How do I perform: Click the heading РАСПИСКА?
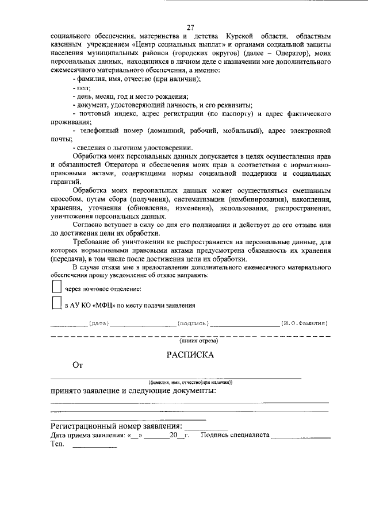coord(190,355)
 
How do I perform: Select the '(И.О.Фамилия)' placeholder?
coord(304,324)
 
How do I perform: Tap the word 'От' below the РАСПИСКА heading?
coord(78,365)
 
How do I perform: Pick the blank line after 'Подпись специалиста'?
coord(301,438)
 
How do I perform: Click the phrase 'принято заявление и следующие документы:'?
coord(133,391)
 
